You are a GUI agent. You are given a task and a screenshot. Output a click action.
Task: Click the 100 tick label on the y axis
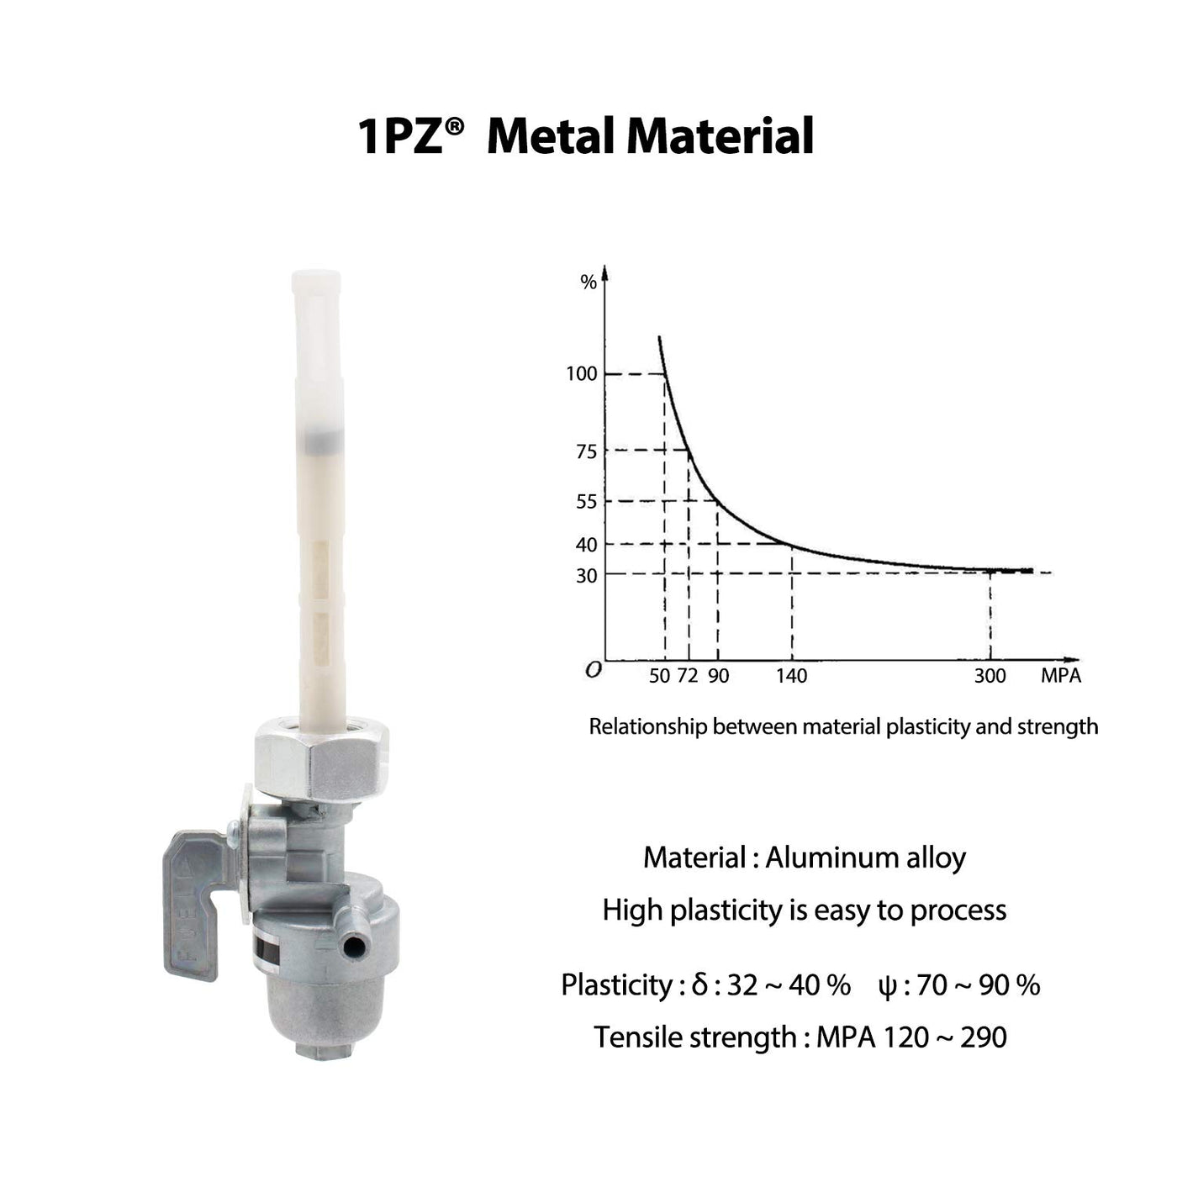pyautogui.click(x=581, y=373)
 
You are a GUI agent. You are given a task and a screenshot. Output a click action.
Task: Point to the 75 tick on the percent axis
pyautogui.click(x=586, y=451)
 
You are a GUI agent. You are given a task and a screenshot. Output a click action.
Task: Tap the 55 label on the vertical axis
pyautogui.click(x=586, y=501)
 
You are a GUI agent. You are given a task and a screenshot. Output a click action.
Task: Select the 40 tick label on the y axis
pyautogui.click(x=586, y=544)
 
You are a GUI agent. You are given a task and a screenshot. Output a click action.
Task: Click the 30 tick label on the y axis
pyautogui.click(x=586, y=575)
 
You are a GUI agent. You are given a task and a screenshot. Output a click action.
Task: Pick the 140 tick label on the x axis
pyautogui.click(x=791, y=676)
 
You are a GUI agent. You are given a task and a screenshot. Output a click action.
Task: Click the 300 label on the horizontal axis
pyautogui.click(x=990, y=676)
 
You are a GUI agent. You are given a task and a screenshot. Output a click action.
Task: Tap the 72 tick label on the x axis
pyautogui.click(x=688, y=676)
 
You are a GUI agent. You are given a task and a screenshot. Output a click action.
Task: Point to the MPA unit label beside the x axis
pyautogui.click(x=1061, y=676)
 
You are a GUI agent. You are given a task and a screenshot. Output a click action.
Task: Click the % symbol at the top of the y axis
pyautogui.click(x=588, y=282)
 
